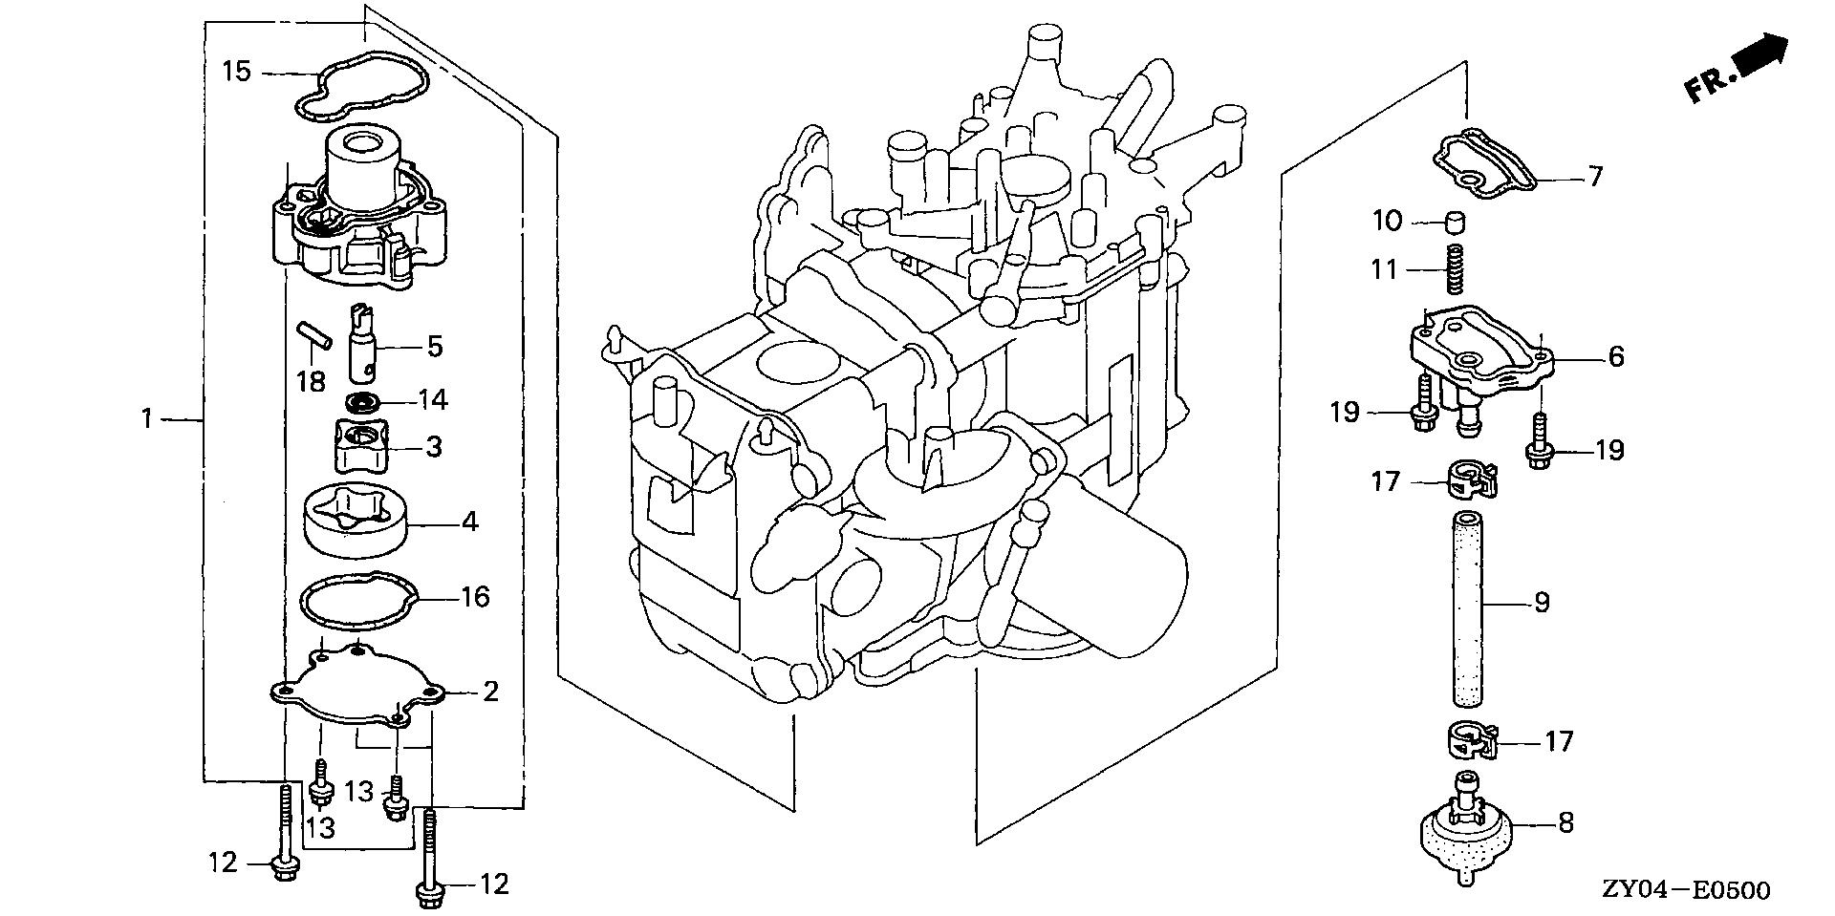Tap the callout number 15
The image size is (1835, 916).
point(237,72)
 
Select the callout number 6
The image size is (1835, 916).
point(1616,356)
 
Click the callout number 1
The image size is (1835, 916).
point(147,418)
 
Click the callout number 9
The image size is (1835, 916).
point(1542,603)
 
